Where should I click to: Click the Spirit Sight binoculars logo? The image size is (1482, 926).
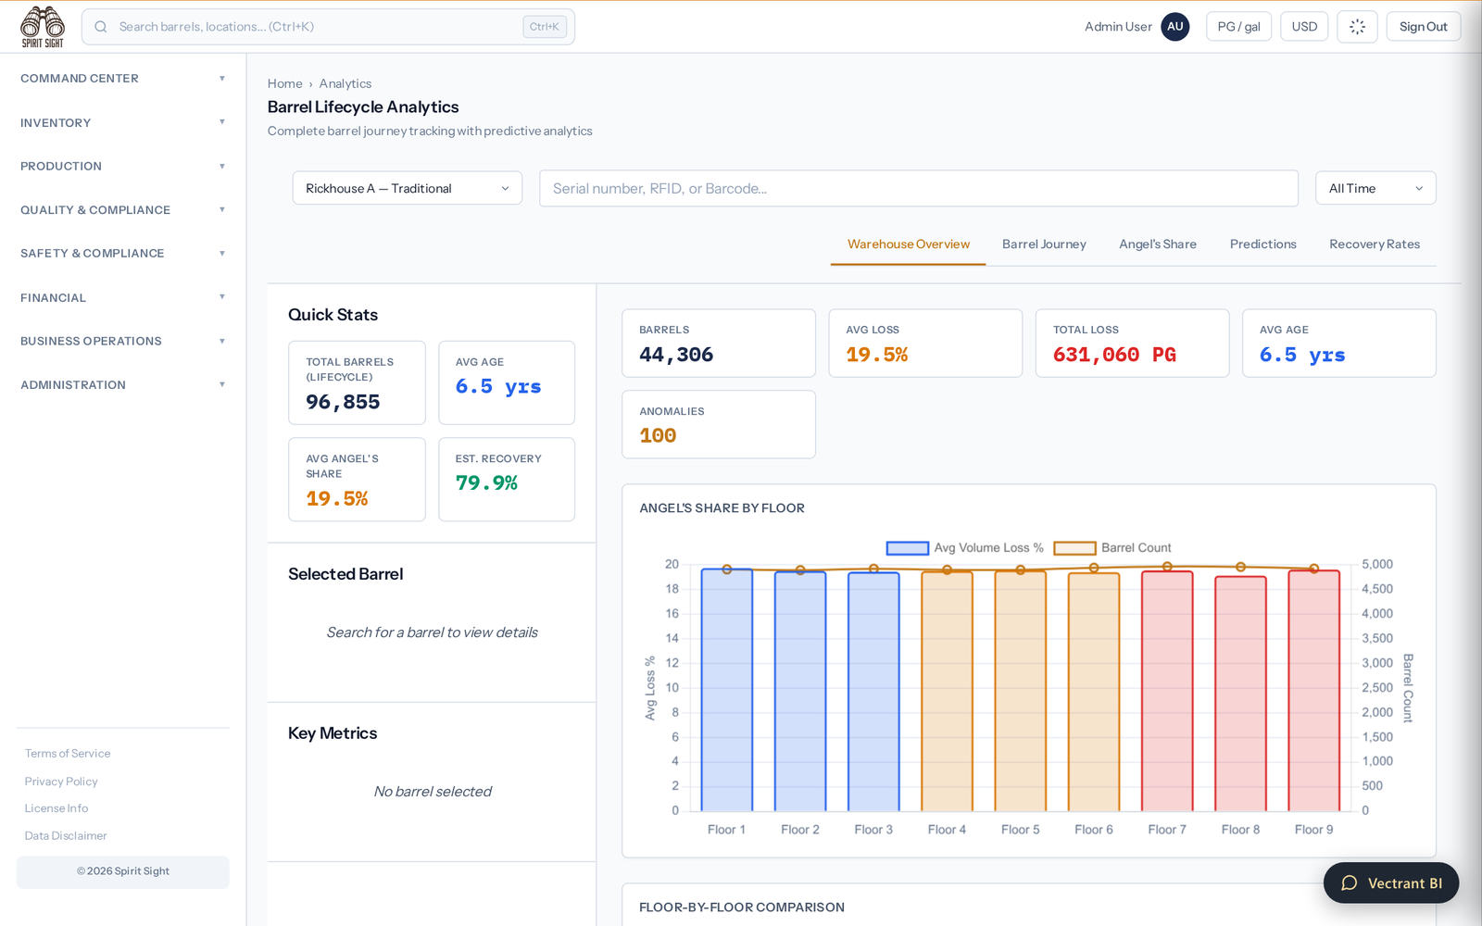pos(43,27)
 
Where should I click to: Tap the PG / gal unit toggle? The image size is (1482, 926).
pos(1238,27)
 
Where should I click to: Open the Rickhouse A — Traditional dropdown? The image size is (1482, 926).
pos(407,188)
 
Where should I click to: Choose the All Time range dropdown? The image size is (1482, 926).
pos(1375,188)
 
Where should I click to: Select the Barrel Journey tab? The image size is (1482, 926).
pos(1044,244)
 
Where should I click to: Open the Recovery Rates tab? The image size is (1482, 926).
pos(1375,244)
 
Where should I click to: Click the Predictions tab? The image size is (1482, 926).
pos(1262,244)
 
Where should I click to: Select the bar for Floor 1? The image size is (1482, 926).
pos(726,690)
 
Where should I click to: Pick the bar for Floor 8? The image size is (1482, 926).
pos(1240,694)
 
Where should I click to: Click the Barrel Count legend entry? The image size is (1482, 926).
pos(1112,547)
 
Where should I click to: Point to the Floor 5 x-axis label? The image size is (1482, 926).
pos(1020,830)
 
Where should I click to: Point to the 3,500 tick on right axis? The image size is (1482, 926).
pos(1376,638)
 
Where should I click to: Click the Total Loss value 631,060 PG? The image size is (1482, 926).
pos(1114,355)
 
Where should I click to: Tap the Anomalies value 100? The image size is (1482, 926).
pos(658,435)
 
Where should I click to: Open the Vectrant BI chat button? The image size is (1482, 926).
pos(1390,883)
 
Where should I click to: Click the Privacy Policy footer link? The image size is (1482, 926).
pos(61,782)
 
